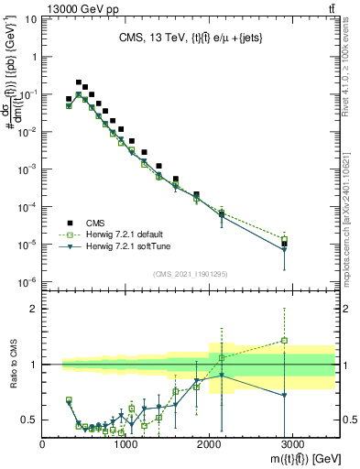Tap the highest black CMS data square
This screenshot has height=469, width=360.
point(79,82)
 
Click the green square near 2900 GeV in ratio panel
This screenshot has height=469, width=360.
point(284,341)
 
